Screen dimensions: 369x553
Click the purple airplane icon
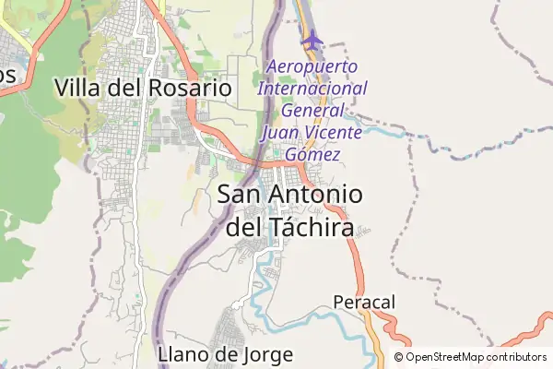(x=313, y=41)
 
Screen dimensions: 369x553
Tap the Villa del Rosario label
(x=142, y=89)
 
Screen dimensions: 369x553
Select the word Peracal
(x=363, y=302)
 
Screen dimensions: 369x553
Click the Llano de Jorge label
(x=226, y=354)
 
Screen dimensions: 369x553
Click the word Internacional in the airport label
(x=312, y=89)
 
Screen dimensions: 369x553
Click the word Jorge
(x=266, y=354)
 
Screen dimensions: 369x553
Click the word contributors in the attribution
(x=517, y=357)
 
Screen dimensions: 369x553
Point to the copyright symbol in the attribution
(x=399, y=357)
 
